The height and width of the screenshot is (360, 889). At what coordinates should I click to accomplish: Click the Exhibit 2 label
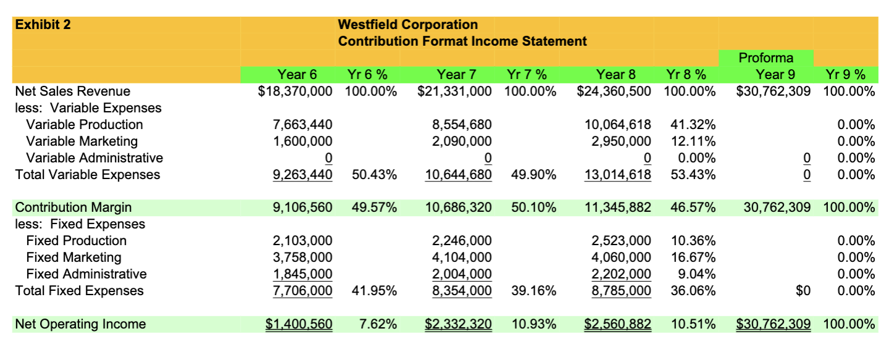click(x=43, y=25)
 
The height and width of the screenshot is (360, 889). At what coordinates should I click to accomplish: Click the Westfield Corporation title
click(x=407, y=25)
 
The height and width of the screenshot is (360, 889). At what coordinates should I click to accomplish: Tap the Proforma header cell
click(x=766, y=59)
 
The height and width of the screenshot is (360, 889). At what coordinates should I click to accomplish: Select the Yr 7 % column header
click(x=526, y=75)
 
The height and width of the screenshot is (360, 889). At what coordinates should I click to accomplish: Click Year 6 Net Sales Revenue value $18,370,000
click(x=295, y=92)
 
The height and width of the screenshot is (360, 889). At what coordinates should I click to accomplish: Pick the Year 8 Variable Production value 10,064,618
click(x=617, y=125)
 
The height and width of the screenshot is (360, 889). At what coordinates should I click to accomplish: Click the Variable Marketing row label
click(x=81, y=141)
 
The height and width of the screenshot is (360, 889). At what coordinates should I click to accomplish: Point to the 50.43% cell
click(x=374, y=175)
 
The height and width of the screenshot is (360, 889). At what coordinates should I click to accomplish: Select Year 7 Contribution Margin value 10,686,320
click(x=459, y=207)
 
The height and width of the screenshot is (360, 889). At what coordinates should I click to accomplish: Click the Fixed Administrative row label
click(x=86, y=274)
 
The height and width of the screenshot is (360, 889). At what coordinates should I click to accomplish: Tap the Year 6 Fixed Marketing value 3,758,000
click(x=303, y=257)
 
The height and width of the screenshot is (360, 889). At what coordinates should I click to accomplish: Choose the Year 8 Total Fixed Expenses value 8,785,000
click(x=622, y=291)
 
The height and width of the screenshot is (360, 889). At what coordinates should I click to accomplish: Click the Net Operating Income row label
click(x=80, y=324)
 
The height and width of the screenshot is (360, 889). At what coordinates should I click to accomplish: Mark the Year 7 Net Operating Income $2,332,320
click(x=458, y=324)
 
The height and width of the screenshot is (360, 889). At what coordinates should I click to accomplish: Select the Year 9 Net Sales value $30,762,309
click(x=773, y=92)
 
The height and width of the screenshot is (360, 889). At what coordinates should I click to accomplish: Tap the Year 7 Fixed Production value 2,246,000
click(x=462, y=241)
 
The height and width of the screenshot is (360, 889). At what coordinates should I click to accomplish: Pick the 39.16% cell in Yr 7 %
click(x=533, y=291)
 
